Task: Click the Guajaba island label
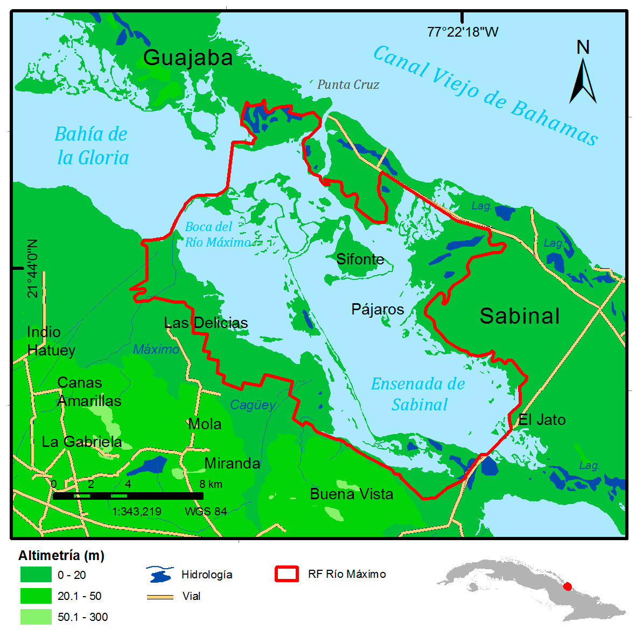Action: (x=188, y=58)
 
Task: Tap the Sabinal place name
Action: (x=520, y=316)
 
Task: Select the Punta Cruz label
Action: (x=348, y=85)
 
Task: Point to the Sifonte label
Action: (x=360, y=259)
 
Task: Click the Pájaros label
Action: (x=378, y=310)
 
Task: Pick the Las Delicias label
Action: (x=206, y=323)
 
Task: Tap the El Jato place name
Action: (x=542, y=420)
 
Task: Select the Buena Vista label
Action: (x=352, y=494)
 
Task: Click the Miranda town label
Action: (x=232, y=464)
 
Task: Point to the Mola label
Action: (x=205, y=424)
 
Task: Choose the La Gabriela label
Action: (x=82, y=442)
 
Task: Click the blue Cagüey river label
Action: (x=253, y=405)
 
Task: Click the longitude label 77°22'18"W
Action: (x=463, y=32)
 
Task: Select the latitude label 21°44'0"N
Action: (x=33, y=268)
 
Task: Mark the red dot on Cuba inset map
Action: (x=567, y=586)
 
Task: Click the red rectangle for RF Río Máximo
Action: (x=286, y=574)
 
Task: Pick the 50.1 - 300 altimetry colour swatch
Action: (x=36, y=617)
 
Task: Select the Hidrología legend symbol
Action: (x=160, y=575)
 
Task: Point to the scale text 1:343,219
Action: (x=137, y=512)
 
